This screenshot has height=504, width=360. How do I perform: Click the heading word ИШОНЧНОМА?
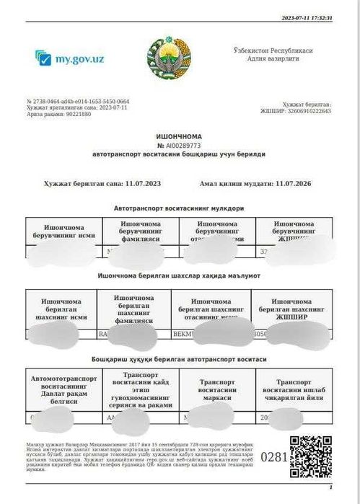click(x=180, y=136)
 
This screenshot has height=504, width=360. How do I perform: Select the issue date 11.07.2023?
click(x=143, y=184)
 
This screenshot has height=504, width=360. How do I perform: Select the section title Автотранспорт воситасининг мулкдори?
click(x=179, y=208)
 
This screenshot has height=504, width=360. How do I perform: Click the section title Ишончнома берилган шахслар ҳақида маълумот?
click(x=179, y=275)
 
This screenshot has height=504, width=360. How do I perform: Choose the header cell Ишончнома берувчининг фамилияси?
click(x=141, y=231)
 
